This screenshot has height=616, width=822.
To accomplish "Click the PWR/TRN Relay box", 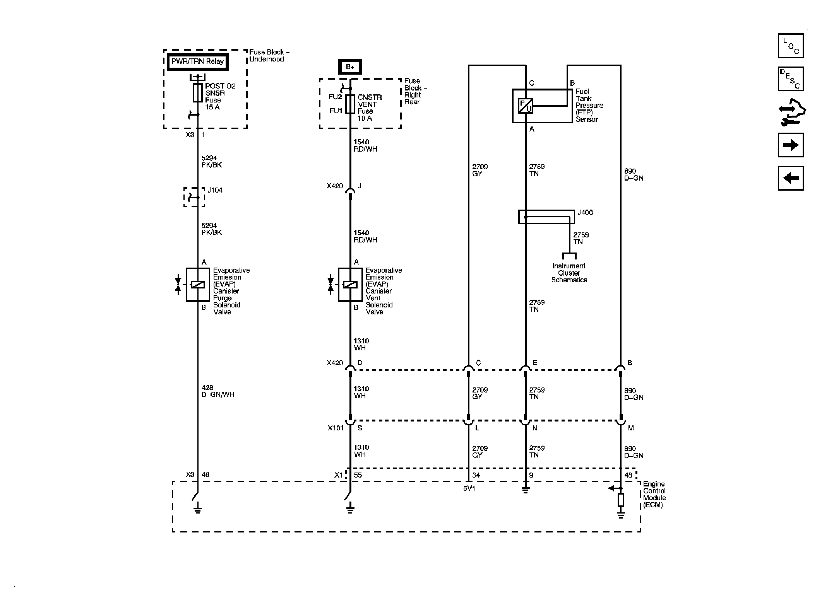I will [x=198, y=61].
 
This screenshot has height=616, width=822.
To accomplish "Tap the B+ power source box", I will [x=350, y=67].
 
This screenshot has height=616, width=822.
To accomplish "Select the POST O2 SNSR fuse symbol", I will [x=198, y=93].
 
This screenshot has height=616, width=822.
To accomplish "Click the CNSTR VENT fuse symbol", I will [x=350, y=104].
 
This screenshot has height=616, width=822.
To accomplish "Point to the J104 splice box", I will [x=194, y=197].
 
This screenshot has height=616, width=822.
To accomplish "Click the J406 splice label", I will [x=585, y=212].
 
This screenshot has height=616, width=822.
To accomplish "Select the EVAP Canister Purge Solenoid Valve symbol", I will [x=198, y=285].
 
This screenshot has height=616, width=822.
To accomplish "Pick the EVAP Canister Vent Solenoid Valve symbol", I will [x=350, y=285].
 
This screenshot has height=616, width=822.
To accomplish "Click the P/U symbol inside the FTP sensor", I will [x=526, y=106].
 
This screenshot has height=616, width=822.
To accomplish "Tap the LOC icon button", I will [x=791, y=46].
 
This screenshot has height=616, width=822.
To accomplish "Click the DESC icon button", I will [x=791, y=79].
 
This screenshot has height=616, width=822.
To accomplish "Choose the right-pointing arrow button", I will [x=791, y=145].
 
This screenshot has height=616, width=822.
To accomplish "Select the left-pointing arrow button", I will [x=791, y=178].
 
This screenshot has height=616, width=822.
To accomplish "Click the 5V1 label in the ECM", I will [x=469, y=489].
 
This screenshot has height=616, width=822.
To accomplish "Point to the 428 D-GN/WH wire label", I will [x=217, y=391].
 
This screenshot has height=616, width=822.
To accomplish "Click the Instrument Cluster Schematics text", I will [x=569, y=273].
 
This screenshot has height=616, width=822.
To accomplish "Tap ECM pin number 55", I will [x=358, y=475].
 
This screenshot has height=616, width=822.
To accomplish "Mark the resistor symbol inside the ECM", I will [x=621, y=500].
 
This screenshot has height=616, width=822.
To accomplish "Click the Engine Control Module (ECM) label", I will [x=654, y=494].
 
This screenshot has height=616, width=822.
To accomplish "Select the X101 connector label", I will [x=336, y=428].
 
